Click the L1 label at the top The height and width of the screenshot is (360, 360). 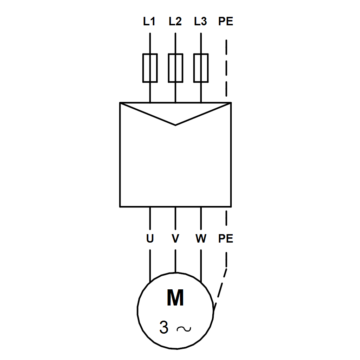(149, 22)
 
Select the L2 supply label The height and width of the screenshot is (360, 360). (175, 22)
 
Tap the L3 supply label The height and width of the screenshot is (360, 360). (200, 22)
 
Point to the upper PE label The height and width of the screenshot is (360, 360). (226, 22)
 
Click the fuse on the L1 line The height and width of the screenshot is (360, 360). (150, 68)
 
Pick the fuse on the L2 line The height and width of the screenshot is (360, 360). (175, 68)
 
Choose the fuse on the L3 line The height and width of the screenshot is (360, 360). (201, 68)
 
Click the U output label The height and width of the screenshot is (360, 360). (150, 239)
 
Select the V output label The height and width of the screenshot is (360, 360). (175, 239)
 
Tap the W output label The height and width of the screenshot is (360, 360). (201, 239)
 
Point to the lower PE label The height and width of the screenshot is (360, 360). (226, 239)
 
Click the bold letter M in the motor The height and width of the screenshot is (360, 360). (175, 298)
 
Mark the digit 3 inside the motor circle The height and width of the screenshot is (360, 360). (164, 328)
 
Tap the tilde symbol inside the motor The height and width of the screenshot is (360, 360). (184, 329)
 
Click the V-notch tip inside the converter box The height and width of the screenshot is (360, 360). (175, 124)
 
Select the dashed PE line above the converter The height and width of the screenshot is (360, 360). (226, 69)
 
